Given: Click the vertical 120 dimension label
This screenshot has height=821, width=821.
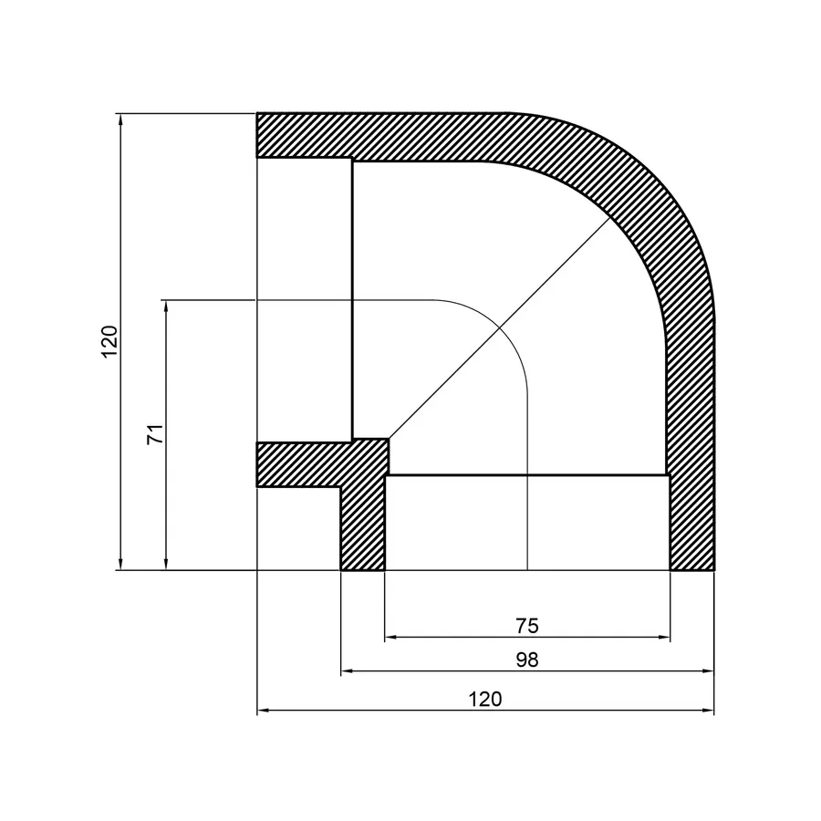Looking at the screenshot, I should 109,341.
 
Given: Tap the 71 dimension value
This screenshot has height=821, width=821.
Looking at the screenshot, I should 155,434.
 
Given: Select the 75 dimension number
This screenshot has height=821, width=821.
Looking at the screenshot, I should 527,626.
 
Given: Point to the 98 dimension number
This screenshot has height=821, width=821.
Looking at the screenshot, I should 527,660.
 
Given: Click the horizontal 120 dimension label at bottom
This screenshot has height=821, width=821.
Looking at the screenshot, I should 485,700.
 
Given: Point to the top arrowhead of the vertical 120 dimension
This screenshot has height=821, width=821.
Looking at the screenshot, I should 120,119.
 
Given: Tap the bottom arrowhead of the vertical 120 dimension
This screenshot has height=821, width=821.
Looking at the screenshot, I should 120,565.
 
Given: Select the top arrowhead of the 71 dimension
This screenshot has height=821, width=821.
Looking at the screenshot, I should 166,305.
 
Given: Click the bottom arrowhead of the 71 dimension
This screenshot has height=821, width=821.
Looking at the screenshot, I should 166,565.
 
